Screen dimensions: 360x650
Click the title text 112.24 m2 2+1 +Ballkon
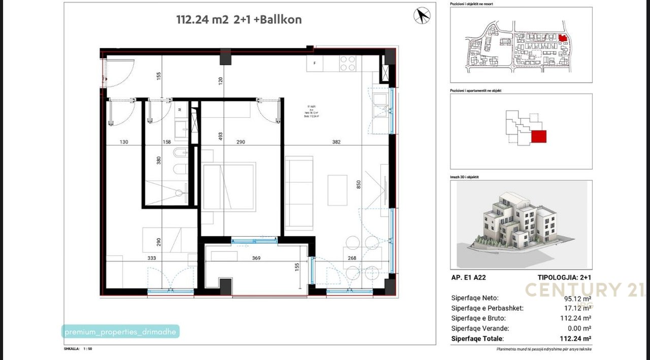239,20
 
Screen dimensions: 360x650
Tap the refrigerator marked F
315,63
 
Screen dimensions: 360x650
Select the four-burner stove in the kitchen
347,63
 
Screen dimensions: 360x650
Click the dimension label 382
336,142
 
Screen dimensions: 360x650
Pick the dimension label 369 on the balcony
256,258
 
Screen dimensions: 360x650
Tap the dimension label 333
151,258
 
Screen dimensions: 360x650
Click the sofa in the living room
299,193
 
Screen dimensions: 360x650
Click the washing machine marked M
180,109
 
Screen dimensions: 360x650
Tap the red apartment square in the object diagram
539,137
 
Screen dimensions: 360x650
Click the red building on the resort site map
562,38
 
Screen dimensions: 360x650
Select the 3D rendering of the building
521,223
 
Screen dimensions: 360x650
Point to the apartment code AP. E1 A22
468,278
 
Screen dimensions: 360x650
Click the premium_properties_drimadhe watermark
121,332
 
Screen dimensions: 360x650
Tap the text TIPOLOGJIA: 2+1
564,278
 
